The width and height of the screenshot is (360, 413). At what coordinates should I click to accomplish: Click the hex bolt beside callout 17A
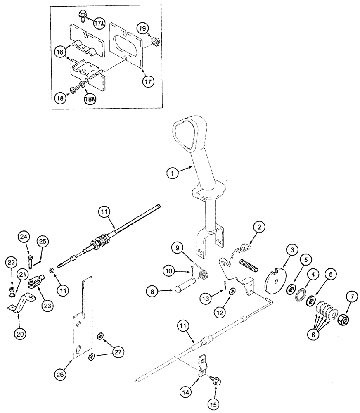[x=81, y=16]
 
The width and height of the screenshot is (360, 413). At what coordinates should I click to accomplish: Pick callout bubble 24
[x=24, y=237]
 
